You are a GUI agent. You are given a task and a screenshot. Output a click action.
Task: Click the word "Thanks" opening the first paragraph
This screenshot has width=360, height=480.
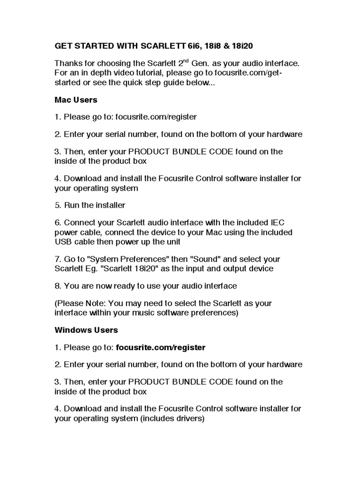click(68, 63)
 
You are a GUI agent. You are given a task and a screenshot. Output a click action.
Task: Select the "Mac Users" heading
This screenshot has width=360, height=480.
click(75, 100)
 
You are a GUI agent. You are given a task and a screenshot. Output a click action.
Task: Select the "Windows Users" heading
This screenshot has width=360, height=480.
click(86, 330)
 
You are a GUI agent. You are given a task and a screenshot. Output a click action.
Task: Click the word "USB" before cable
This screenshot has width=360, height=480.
click(63, 242)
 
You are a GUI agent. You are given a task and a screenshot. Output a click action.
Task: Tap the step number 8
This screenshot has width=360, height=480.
click(58, 285)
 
